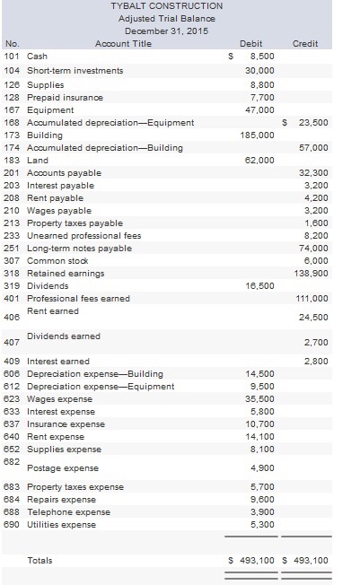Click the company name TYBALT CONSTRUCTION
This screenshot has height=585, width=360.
point(166,6)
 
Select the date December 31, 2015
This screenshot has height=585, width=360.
point(166,31)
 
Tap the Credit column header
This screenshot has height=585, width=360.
point(305,42)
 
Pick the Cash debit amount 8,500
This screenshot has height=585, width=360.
point(260,56)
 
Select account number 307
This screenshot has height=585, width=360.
point(13,260)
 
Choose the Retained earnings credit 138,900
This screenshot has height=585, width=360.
point(312,273)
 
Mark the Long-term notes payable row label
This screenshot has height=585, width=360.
point(79,248)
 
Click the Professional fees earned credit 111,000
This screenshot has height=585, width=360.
point(312,298)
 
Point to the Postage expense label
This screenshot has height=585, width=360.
point(63,467)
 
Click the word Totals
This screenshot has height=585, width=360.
point(40,560)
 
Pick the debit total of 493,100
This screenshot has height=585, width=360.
point(254,560)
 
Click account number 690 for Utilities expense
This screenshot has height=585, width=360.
point(13,524)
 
